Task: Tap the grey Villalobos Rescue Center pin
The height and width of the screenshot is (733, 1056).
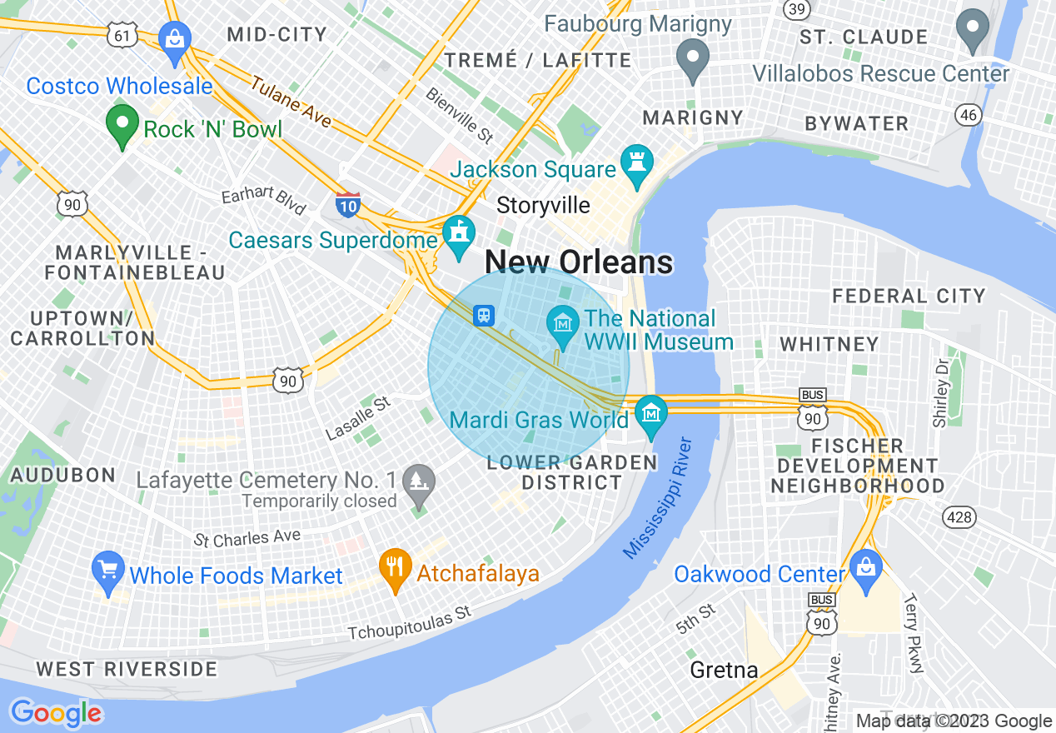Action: coord(972,28)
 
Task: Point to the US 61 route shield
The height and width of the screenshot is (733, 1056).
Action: coord(122,33)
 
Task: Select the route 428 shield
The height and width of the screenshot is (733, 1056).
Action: coord(959,517)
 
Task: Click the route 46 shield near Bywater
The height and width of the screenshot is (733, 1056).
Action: coord(968,114)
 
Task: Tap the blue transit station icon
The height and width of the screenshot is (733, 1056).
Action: coord(484,316)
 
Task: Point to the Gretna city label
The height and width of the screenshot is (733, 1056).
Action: coord(724,670)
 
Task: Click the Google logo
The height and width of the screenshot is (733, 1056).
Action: coord(56,713)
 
